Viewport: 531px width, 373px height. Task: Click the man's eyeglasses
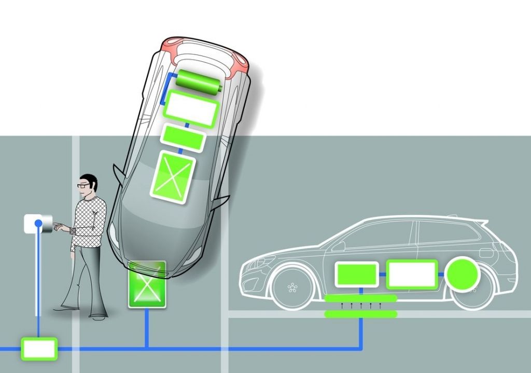point(83,185)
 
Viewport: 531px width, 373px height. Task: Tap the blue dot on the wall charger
point(38,223)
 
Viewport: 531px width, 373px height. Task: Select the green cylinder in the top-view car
point(199,81)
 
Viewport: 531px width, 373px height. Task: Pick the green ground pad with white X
point(147,285)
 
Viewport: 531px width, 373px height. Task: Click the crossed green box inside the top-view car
point(173,176)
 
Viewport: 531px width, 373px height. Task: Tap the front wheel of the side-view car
point(292,287)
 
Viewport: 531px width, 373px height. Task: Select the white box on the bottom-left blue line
point(39,349)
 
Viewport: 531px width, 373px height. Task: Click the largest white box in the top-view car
point(191,109)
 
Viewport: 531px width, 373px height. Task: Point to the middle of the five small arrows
point(361,306)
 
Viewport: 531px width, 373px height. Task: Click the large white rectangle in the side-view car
point(412,274)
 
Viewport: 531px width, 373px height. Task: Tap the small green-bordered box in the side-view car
point(357,274)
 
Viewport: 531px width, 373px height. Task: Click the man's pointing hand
point(62,227)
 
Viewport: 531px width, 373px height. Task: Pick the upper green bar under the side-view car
point(361,298)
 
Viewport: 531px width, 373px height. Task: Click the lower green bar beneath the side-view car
point(361,314)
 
